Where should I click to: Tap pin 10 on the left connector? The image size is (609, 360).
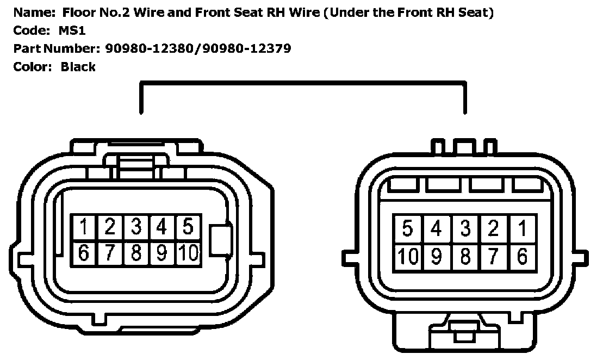coord(188,253)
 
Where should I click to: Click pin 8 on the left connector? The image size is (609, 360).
coord(136,253)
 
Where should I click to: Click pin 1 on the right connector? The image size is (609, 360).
coord(522,229)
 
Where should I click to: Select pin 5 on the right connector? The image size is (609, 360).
coord(407,229)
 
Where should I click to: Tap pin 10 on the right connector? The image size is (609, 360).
coord(407,256)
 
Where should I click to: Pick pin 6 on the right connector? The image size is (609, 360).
coord(522,256)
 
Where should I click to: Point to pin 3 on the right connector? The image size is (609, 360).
coord(465,229)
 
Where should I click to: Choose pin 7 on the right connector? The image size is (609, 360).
coord(493,256)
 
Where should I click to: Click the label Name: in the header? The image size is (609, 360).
coord(30,13)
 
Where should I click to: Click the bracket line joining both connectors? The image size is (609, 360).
coord(302,83)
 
